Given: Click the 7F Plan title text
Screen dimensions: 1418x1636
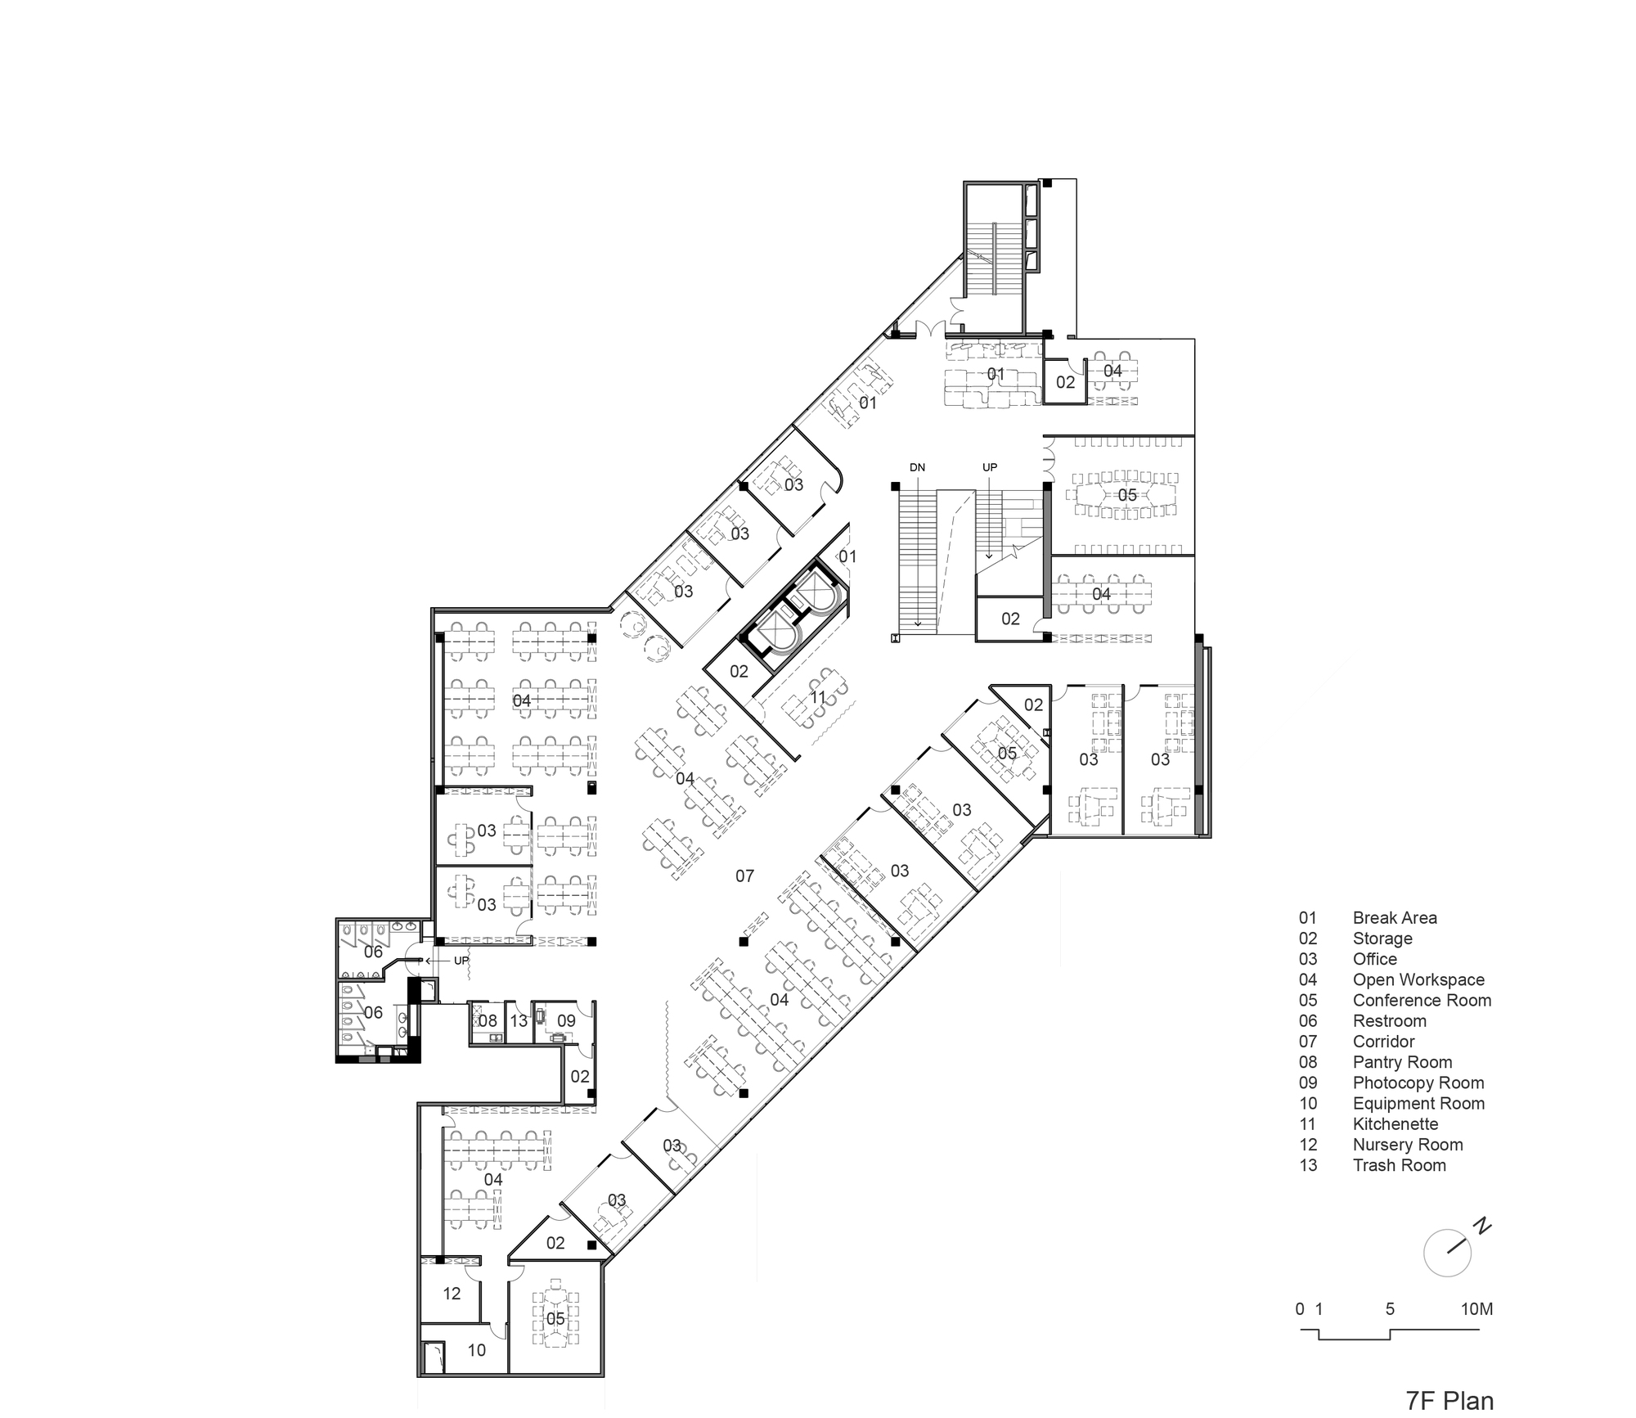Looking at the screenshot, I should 1449,1400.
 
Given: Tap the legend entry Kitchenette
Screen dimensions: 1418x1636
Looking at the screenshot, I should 1395,1124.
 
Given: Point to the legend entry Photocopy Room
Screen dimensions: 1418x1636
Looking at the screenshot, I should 1418,1083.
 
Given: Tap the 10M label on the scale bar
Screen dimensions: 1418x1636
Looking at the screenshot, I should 1476,1309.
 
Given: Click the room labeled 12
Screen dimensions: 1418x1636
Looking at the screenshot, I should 452,1294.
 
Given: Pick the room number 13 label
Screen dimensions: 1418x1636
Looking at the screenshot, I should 519,1021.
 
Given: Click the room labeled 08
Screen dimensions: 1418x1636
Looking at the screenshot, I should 488,1021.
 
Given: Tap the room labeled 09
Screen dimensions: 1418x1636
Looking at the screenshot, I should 566,1021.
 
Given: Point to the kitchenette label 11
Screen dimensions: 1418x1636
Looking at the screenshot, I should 818,698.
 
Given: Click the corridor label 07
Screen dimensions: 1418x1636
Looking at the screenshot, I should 744,876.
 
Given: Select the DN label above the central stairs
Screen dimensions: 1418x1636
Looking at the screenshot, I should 917,468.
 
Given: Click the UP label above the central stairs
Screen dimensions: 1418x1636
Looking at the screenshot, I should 990,467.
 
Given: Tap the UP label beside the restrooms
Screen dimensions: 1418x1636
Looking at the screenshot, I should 461,961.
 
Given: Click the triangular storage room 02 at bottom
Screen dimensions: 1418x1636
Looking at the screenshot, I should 555,1243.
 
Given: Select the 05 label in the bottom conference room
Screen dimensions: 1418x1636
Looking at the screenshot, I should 555,1319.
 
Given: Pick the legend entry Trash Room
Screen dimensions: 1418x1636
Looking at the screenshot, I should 1399,1165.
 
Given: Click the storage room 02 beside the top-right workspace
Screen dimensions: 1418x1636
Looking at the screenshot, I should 1065,382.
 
